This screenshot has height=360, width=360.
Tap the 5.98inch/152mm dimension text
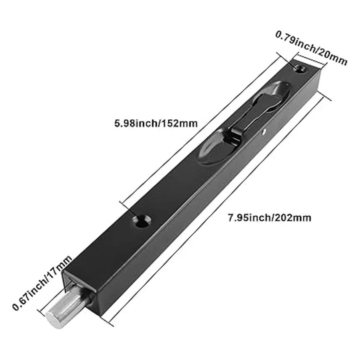tap(156, 124)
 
